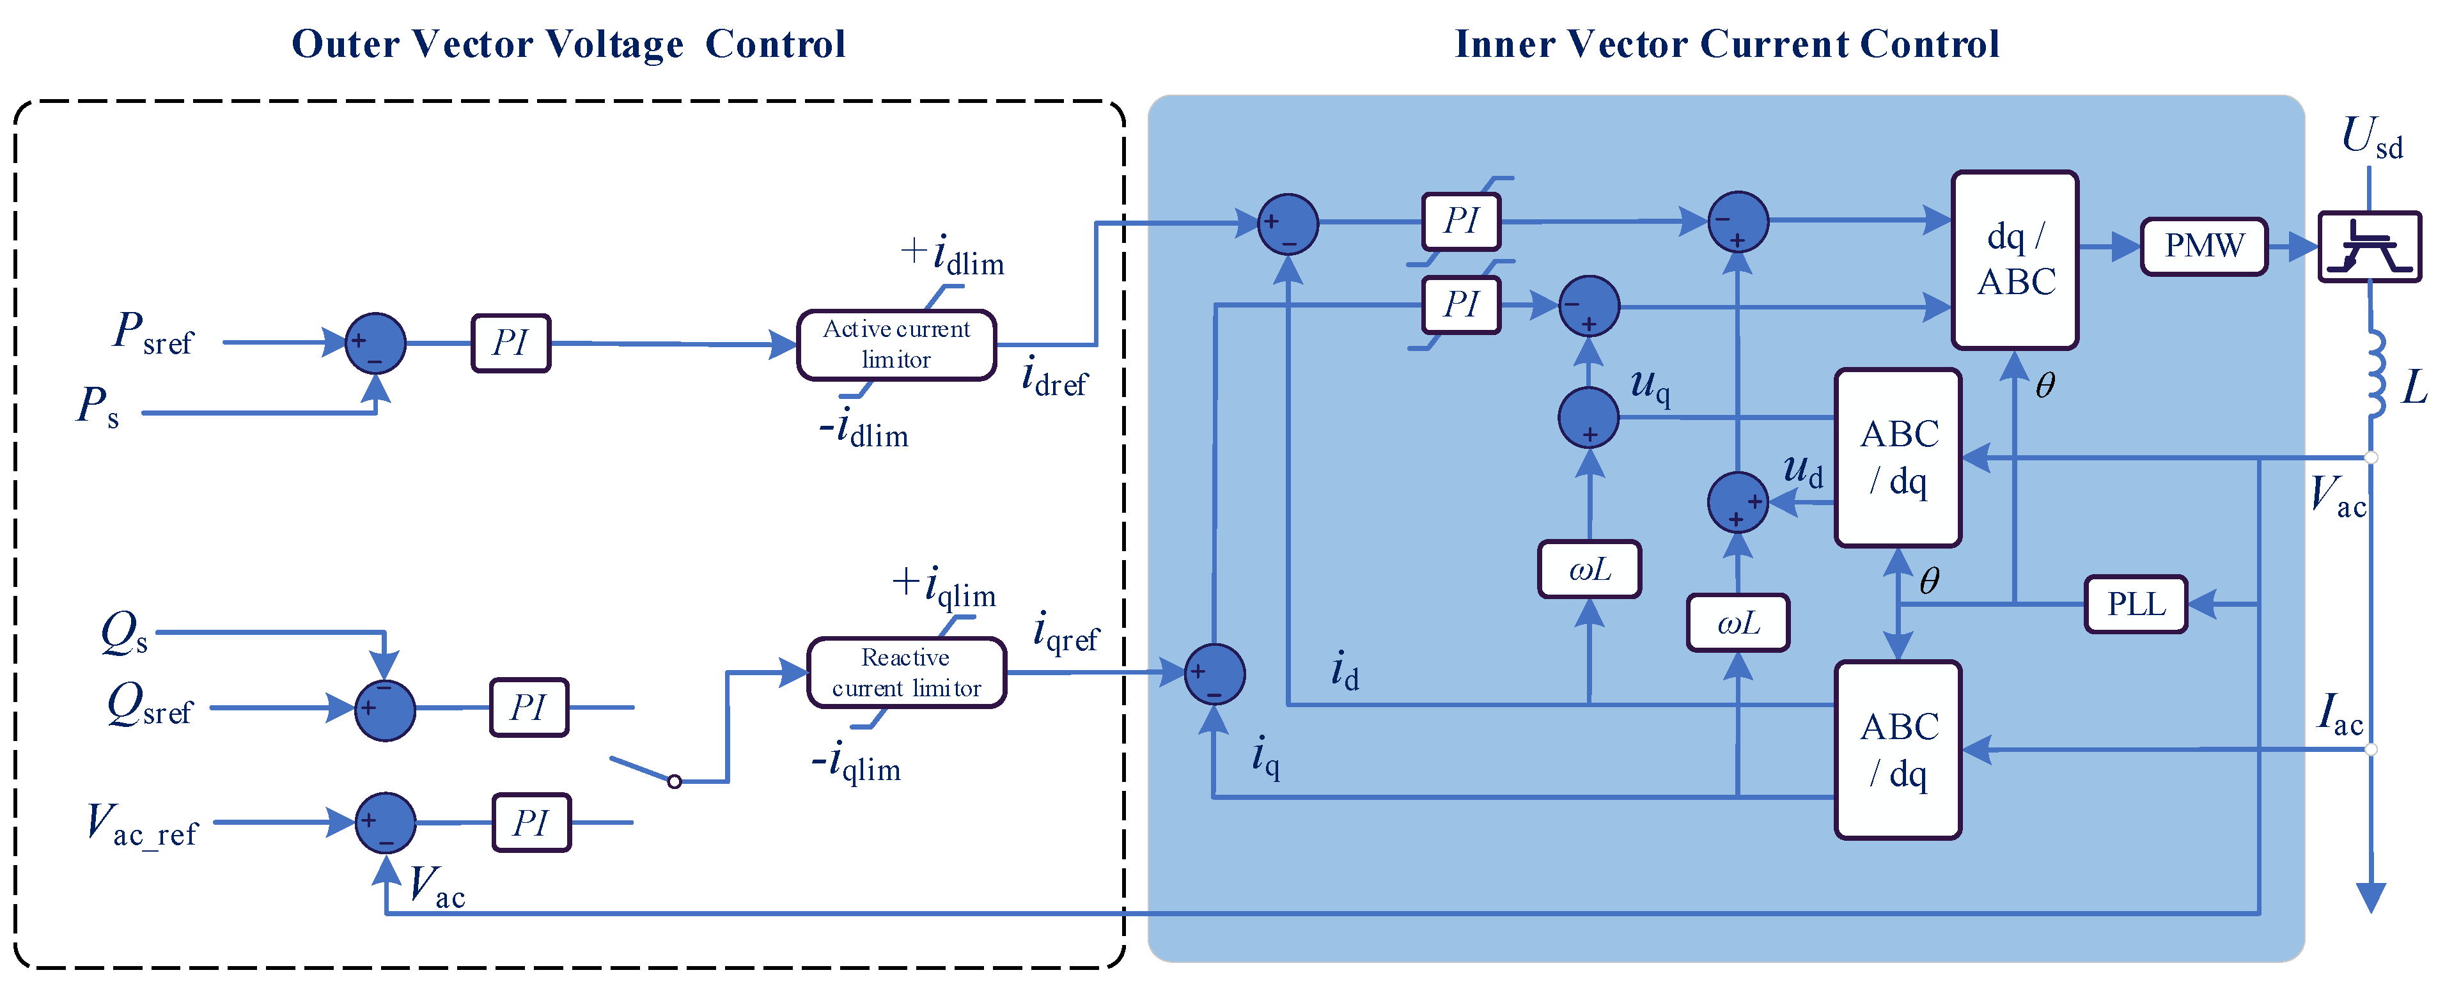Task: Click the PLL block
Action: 2136,604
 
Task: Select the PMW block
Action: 2203,246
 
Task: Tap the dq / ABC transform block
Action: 2014,260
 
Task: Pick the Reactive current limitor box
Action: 907,672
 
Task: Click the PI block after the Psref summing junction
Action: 511,343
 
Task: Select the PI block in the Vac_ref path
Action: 531,822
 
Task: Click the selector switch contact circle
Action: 674,781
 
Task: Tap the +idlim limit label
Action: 952,255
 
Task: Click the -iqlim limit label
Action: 856,763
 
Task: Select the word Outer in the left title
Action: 345,43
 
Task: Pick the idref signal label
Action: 1054,377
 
